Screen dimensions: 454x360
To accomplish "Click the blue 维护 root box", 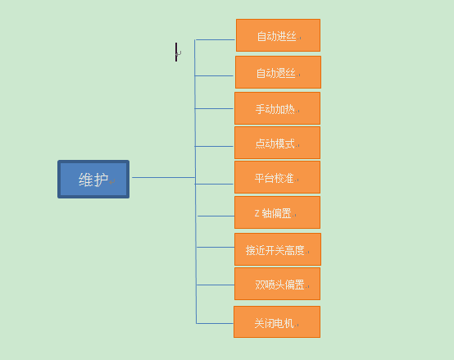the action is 93,180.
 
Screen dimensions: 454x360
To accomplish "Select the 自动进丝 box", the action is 278,35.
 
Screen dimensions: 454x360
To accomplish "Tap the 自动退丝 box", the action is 278,72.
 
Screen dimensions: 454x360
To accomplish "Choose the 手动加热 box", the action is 277,108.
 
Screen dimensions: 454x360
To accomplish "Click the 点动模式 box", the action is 277,143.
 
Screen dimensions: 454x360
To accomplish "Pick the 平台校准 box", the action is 277,177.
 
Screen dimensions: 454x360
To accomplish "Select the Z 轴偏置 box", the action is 277,212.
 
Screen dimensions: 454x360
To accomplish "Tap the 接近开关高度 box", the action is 278,249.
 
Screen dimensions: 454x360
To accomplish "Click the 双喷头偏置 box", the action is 277,284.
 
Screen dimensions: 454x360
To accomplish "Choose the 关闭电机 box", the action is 277,321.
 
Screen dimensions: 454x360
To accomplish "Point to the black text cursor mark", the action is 176,52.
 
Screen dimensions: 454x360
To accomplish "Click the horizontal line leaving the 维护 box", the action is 163,177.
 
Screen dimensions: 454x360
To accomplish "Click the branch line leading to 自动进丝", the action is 215,39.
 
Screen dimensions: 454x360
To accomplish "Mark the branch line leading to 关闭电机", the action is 215,323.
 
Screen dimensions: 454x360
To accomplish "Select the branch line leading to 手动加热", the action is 214,108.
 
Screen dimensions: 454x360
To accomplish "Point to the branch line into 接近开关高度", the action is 216,247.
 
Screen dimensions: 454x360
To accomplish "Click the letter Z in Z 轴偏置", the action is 257,213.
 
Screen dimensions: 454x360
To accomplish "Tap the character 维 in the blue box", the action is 86,180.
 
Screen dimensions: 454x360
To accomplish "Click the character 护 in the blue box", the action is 101,180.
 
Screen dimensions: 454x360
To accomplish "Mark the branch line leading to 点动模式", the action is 214,146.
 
